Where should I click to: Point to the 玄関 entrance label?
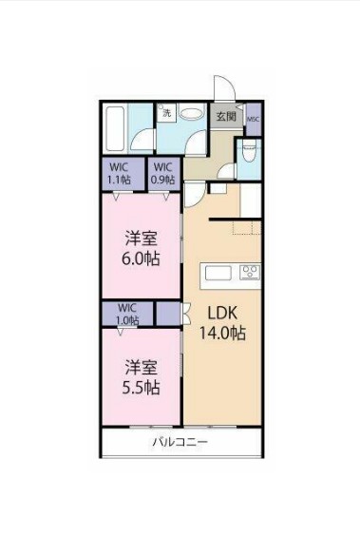tap(225, 117)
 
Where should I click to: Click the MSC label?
tap(253, 119)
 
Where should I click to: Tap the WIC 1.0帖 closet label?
tap(127, 314)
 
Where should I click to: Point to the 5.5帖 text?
tap(139, 388)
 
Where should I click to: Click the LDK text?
tap(221, 313)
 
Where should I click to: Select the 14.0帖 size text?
tap(221, 334)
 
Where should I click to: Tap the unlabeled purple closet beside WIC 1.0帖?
tap(167, 313)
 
